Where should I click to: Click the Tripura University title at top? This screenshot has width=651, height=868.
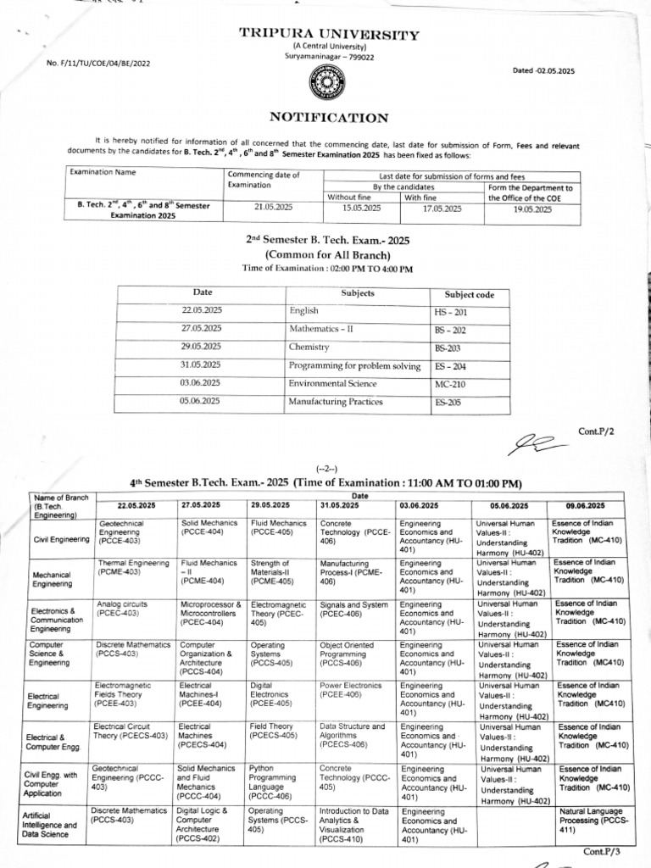pos(328,35)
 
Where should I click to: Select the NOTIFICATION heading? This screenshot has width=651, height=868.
pos(329,118)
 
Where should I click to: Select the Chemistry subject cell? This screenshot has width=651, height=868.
pos(309,348)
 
